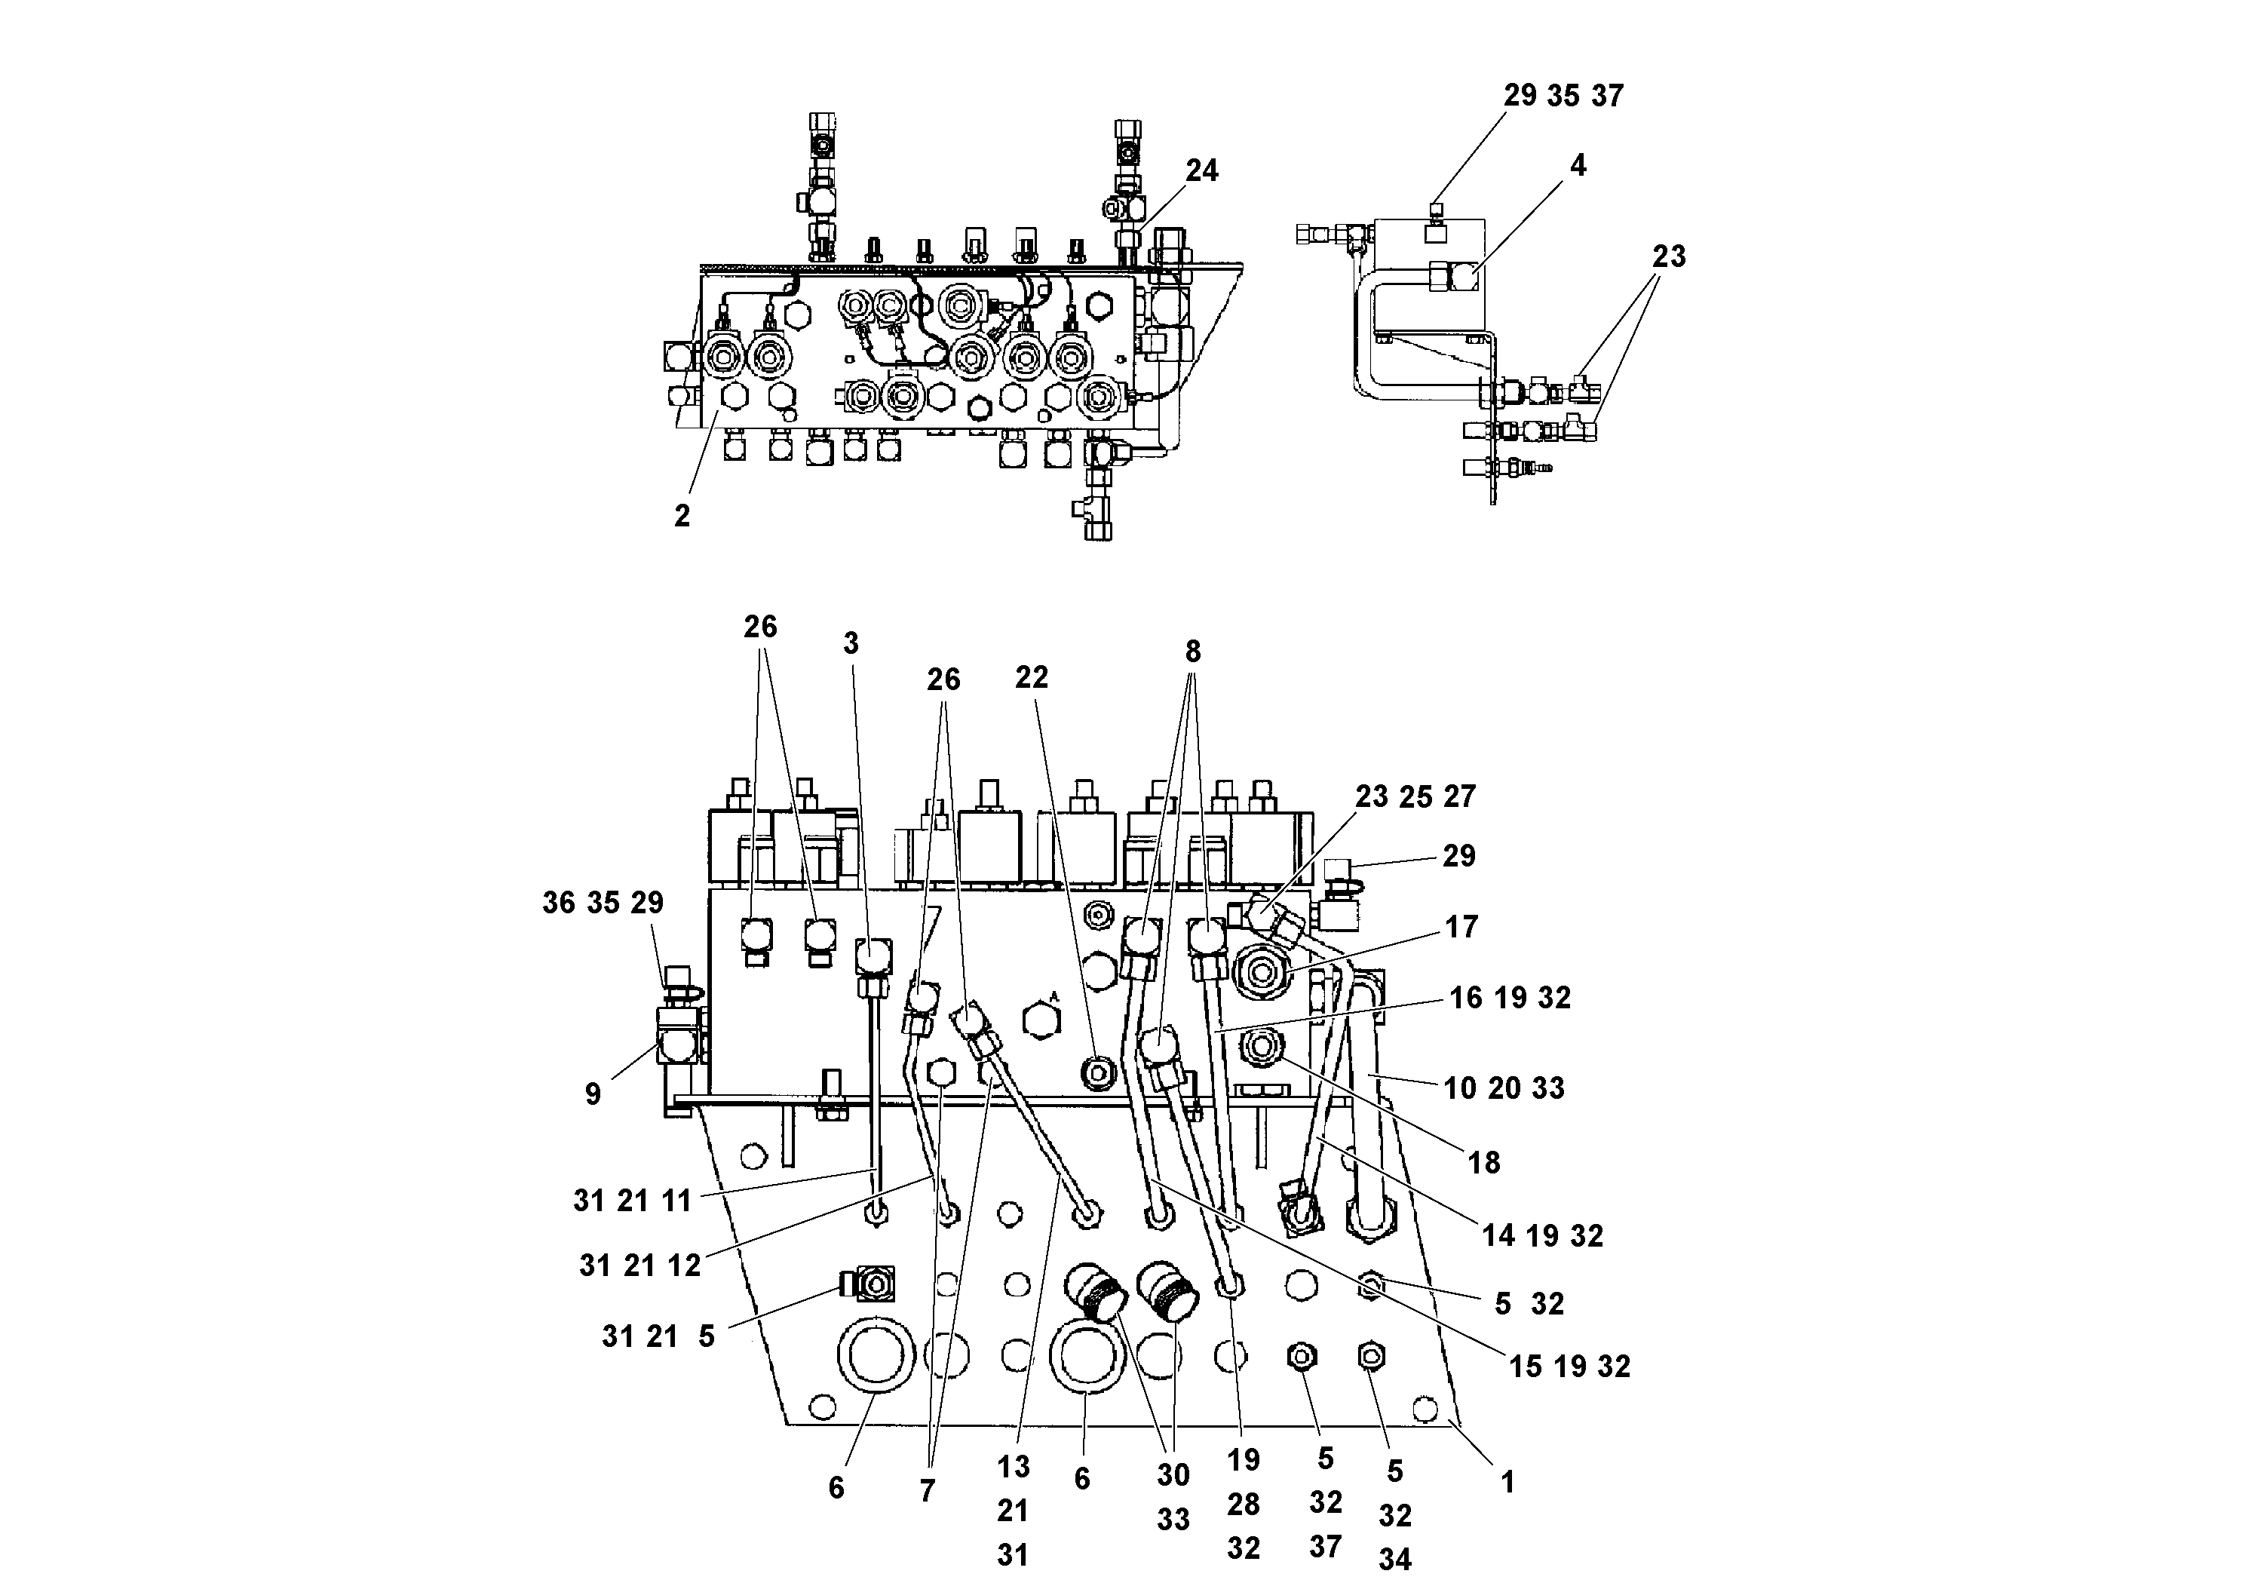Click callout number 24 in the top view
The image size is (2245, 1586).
(1202, 171)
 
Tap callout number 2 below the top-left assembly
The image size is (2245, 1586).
(682, 517)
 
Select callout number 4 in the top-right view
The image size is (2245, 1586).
(1577, 166)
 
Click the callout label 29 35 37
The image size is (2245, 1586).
(1563, 96)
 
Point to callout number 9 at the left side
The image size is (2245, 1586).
(593, 1094)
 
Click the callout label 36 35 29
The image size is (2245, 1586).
(603, 903)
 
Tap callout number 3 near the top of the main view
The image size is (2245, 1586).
(851, 643)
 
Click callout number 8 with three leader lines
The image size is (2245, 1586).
(1192, 652)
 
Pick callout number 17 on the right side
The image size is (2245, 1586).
(1461, 927)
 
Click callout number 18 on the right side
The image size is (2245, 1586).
(1483, 1163)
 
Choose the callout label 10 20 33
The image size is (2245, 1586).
(1504, 1088)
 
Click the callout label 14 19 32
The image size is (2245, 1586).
(1542, 1236)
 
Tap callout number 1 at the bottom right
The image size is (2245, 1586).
(1507, 1483)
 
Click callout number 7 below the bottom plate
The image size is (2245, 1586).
(927, 1490)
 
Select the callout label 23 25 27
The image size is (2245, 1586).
(1414, 797)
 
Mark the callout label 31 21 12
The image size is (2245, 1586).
(639, 1266)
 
